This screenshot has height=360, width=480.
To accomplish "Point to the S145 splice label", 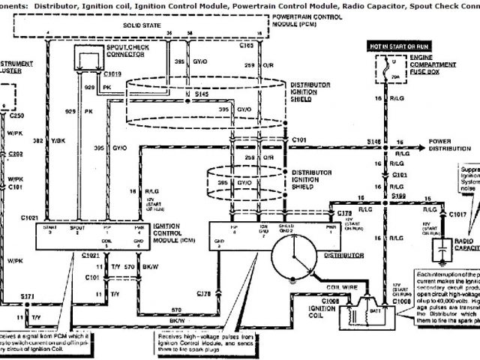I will point(201,94).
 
